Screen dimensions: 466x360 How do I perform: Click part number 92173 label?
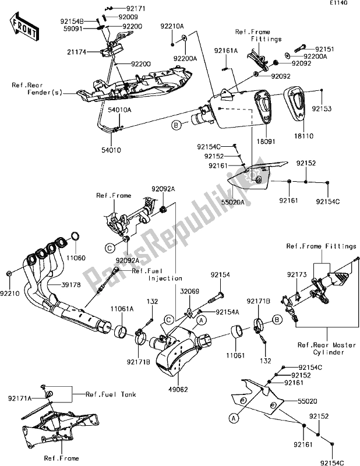tap(295, 273)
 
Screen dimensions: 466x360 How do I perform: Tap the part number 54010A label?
tap(103, 110)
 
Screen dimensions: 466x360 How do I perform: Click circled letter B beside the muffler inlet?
tap(174, 123)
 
